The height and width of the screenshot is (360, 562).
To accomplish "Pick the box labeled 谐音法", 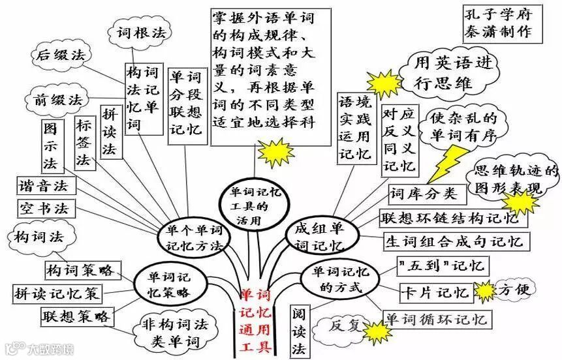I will click(45, 185).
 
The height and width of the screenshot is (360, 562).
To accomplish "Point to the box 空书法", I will click(45, 208).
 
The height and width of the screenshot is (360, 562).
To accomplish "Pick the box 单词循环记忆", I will click(435, 319).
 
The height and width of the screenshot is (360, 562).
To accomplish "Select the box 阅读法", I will click(300, 330).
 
